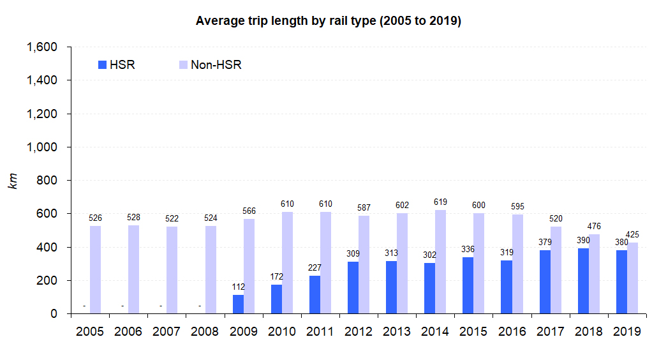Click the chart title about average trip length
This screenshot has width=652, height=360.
pyautogui.click(x=328, y=21)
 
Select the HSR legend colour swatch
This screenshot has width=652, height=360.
pyautogui.click(x=102, y=64)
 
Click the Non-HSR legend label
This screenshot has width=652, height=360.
pyautogui.click(x=216, y=64)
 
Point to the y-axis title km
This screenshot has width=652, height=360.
pyautogui.click(x=12, y=180)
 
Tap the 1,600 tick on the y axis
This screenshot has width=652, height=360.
pyautogui.click(x=41, y=47)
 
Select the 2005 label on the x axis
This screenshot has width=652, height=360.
pyautogui.click(x=90, y=332)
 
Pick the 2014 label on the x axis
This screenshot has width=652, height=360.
pyautogui.click(x=435, y=332)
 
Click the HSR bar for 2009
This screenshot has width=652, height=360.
pyautogui.click(x=238, y=304)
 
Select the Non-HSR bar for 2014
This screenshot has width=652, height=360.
pyautogui.click(x=440, y=262)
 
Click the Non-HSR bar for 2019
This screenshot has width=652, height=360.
pyautogui.click(x=632, y=278)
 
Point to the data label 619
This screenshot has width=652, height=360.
pyautogui.click(x=440, y=202)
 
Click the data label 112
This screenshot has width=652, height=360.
pyautogui.click(x=238, y=287)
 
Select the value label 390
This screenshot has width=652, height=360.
pyautogui.click(x=583, y=241)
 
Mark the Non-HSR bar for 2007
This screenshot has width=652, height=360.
pyautogui.click(x=172, y=270)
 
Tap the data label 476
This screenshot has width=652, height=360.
pyautogui.click(x=595, y=227)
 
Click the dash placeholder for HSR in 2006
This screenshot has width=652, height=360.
pyautogui.click(x=122, y=306)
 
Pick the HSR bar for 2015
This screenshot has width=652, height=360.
pyautogui.click(x=468, y=285)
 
